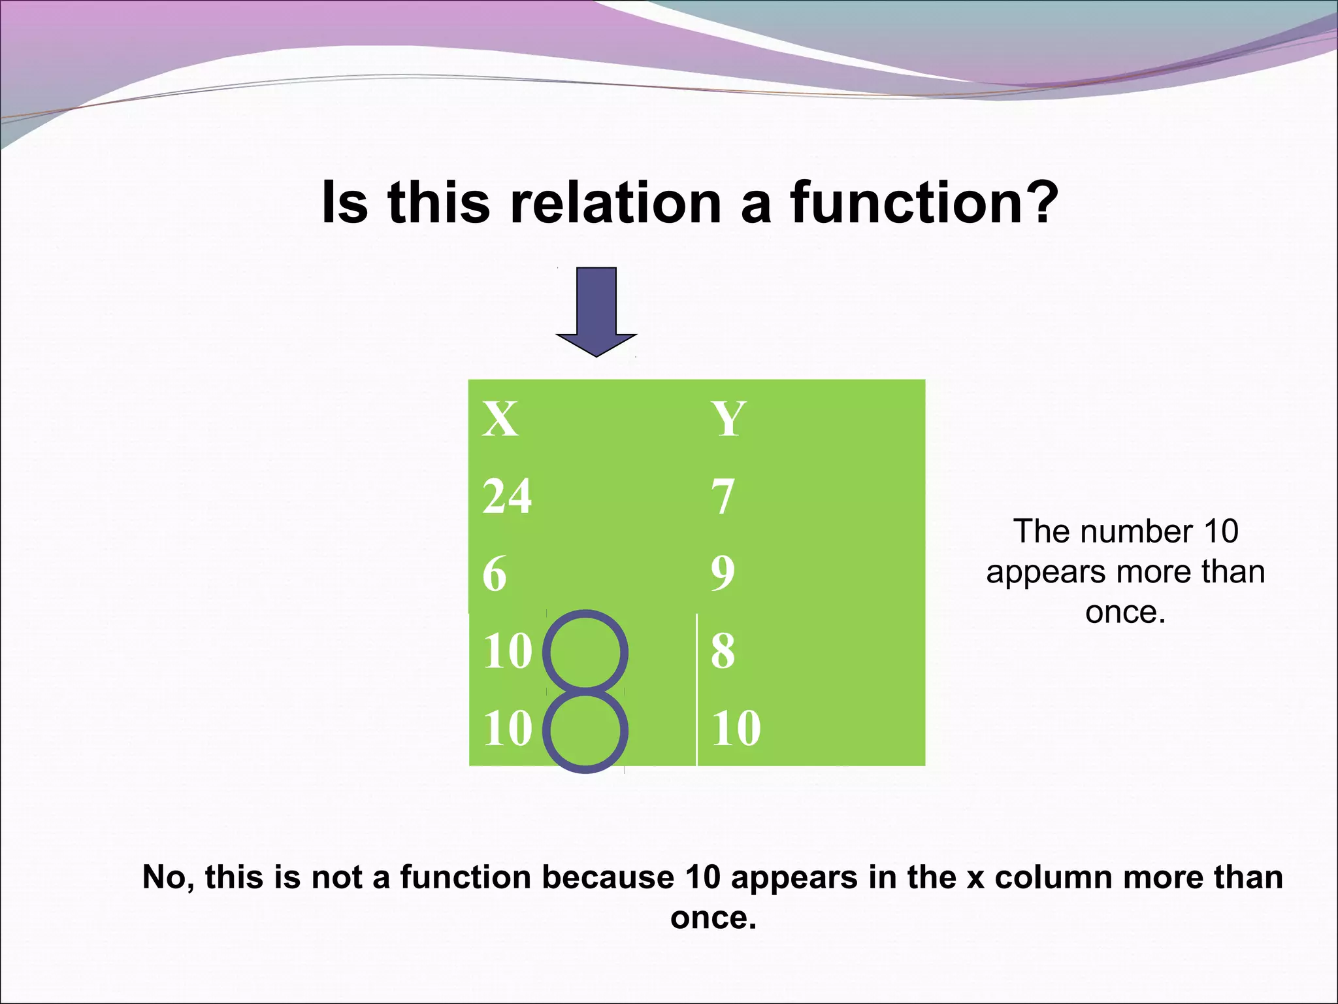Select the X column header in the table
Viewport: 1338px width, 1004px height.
click(x=500, y=419)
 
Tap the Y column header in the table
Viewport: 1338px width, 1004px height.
click(x=728, y=419)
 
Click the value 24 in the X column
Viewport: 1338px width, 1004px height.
click(x=507, y=496)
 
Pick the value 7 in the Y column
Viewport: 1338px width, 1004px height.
click(x=723, y=497)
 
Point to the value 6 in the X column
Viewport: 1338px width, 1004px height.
click(x=495, y=574)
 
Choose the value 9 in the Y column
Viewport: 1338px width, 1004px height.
click(x=723, y=573)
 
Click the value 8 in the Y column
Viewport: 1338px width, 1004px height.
click(x=723, y=651)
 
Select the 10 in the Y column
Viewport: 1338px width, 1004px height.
click(x=736, y=728)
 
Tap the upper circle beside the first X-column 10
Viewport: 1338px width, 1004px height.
click(x=585, y=651)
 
